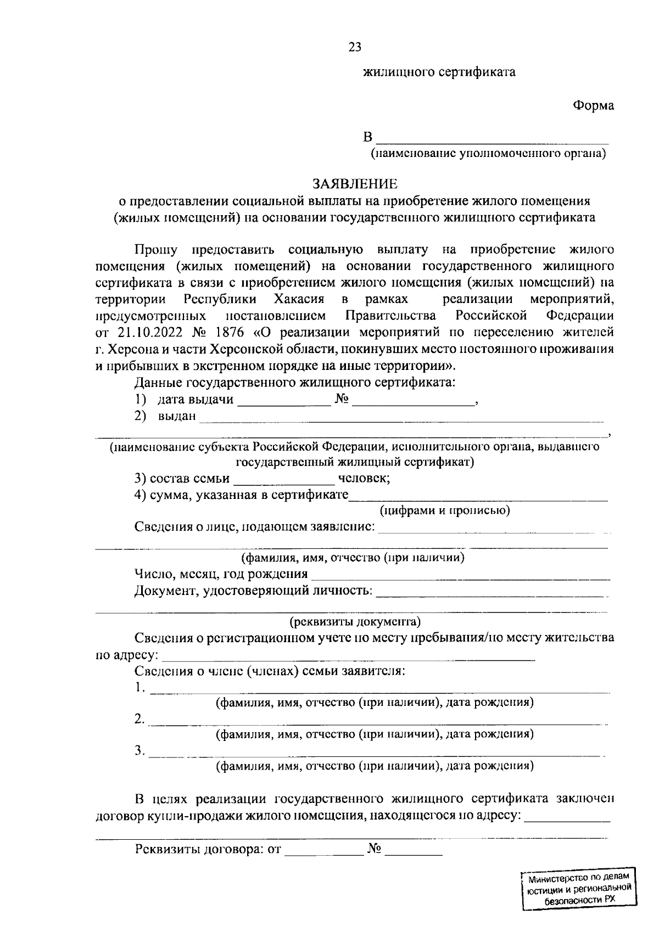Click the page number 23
355,47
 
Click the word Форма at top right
594,106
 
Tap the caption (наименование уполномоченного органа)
488,154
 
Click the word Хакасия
299,300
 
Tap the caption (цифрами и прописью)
445,511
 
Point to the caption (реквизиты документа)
355,622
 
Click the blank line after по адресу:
348,657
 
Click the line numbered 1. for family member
379,690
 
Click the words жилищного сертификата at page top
439,72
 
